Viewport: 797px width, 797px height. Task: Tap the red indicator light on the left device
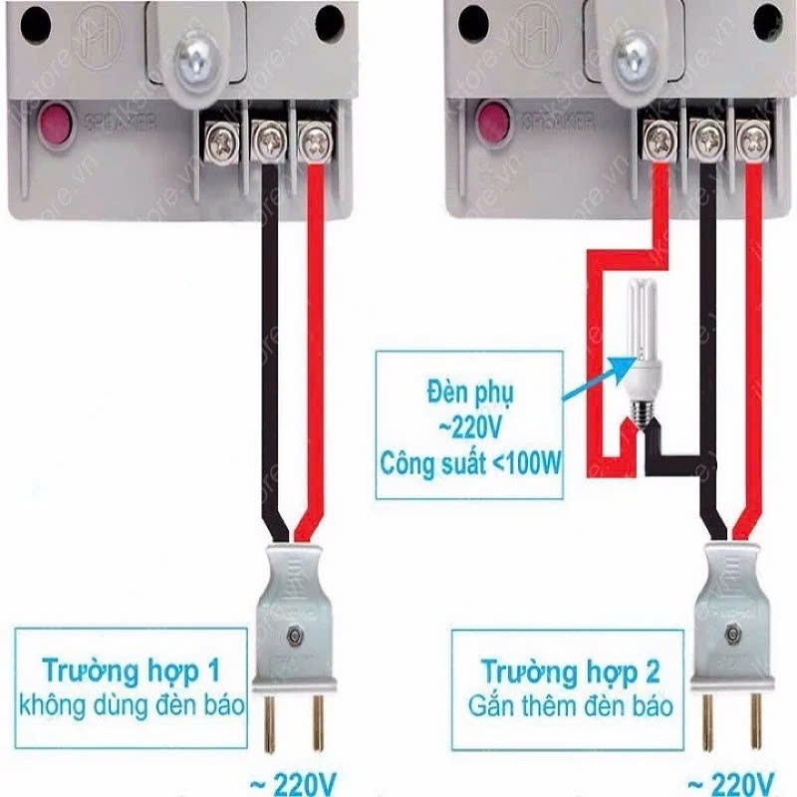pos(51,128)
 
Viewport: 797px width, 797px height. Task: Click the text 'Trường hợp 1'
pos(131,666)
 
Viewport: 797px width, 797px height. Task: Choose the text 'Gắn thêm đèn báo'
pos(571,707)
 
